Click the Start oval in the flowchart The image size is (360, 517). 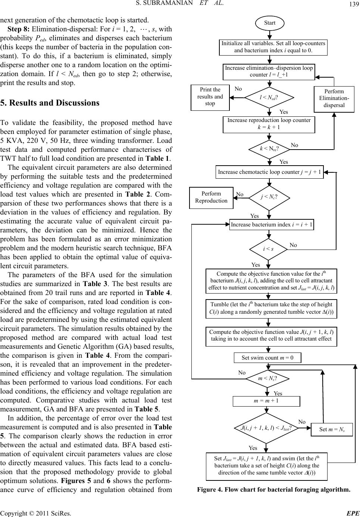point(269,23)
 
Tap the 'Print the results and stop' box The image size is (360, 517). point(210,97)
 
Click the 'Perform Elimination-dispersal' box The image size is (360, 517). point(334,98)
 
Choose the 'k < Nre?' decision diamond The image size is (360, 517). point(269,148)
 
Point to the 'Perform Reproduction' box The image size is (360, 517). point(211,197)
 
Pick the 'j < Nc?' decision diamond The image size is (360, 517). point(269,197)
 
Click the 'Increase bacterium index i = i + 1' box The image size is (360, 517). point(272,225)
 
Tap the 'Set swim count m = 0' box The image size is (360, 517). point(267,358)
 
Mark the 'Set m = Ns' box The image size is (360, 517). point(331,429)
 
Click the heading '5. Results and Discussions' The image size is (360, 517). point(50,103)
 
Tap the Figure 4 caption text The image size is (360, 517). point(274,489)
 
